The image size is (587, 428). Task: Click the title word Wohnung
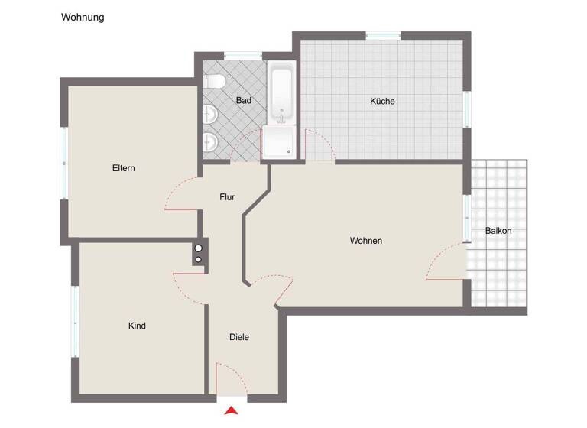click(x=83, y=17)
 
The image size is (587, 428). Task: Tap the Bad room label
click(x=244, y=100)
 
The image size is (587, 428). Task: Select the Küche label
click(x=382, y=101)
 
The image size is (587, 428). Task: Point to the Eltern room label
click(x=123, y=168)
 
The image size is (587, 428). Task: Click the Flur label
click(x=227, y=197)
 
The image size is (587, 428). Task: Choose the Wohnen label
click(x=366, y=241)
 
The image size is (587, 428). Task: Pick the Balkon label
click(x=498, y=231)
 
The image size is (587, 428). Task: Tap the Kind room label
click(x=137, y=326)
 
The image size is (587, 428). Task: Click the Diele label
click(x=239, y=337)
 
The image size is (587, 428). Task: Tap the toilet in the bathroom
click(x=215, y=80)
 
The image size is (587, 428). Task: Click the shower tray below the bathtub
click(x=278, y=142)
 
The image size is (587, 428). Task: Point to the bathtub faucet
click(x=282, y=116)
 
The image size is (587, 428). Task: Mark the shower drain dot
click(x=289, y=152)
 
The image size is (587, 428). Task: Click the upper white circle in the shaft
click(x=199, y=248)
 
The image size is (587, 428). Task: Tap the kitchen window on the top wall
click(x=383, y=35)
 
